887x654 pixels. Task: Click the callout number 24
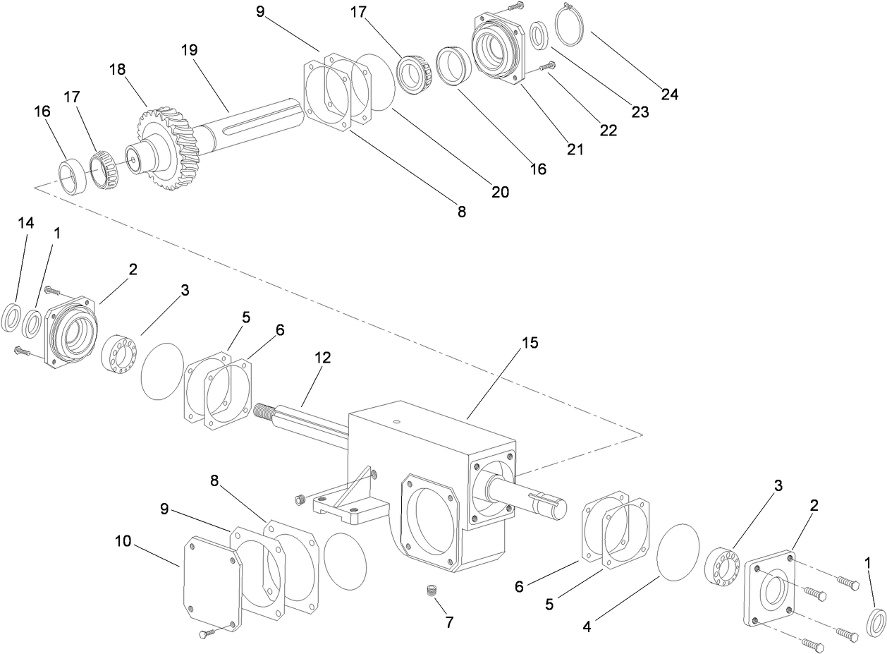click(x=669, y=94)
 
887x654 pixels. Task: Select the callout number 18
click(x=118, y=69)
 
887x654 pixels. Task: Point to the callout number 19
click(x=188, y=50)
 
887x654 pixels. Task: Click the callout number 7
click(x=448, y=622)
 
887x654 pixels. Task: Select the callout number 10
click(x=124, y=541)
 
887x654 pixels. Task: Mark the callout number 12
click(x=322, y=358)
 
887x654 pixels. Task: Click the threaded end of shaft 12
click(x=267, y=410)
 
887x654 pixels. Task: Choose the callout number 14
click(x=26, y=223)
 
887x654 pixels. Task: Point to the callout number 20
click(x=500, y=191)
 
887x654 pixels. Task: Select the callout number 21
click(x=575, y=149)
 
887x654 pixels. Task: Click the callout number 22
click(x=608, y=130)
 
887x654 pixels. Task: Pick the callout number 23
click(x=640, y=111)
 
